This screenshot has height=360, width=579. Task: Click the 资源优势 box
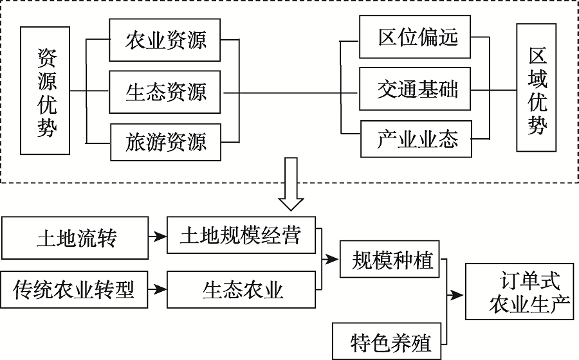[44, 91]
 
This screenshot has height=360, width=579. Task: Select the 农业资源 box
[165, 40]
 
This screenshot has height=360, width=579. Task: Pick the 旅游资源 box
[165, 141]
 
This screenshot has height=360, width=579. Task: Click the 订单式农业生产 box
[519, 291]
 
